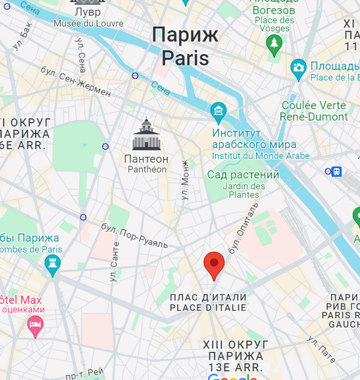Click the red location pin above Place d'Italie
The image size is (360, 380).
coord(214,264)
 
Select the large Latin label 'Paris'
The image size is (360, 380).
coord(185,58)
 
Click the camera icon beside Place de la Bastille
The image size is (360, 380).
coord(299,68)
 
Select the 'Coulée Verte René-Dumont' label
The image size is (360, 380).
coord(313,111)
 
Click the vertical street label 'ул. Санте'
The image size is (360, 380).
coord(115,262)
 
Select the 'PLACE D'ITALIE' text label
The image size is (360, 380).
coord(208,307)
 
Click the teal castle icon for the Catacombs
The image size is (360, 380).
coord(53,264)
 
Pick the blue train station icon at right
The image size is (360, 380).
coord(336,172)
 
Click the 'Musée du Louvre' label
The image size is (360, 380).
coord(89,23)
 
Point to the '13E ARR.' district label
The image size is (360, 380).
coord(233,367)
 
